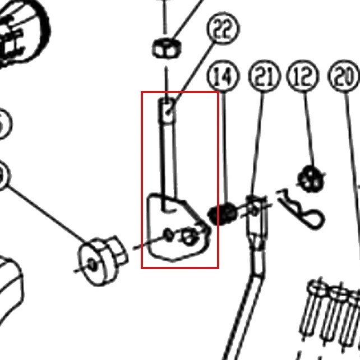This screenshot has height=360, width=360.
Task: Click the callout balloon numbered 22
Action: point(223,28)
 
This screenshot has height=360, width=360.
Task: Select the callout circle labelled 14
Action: point(223,76)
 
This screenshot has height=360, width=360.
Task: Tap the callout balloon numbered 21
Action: point(265,76)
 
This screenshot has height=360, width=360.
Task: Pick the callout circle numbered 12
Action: point(303,76)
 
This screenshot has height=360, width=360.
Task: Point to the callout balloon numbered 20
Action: point(344,76)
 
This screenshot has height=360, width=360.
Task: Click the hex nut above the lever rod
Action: point(167,48)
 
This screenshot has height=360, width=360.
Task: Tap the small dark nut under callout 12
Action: point(311,179)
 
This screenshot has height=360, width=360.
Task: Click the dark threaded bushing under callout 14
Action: point(222,214)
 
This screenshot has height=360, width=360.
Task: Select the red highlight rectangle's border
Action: point(142,179)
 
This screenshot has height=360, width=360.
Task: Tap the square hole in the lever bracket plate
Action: point(189,236)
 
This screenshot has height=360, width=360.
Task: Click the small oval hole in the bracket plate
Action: point(169,234)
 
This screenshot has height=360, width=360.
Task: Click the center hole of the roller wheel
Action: point(93,265)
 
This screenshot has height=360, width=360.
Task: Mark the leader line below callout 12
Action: point(309,129)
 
